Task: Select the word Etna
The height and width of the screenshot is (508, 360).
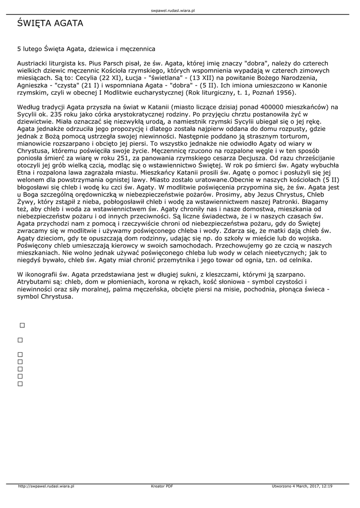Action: click(x=24, y=172)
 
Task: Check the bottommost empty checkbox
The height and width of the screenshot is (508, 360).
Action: click(x=20, y=383)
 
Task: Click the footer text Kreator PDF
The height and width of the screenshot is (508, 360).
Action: click(x=162, y=486)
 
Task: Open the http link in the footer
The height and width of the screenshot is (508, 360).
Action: click(x=46, y=486)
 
